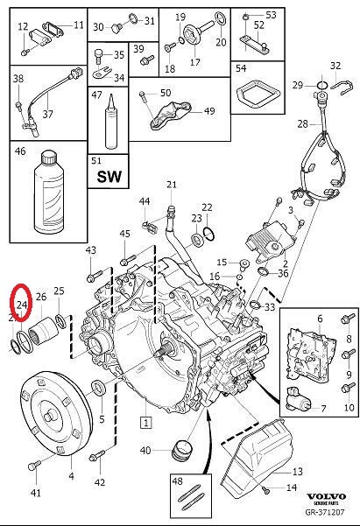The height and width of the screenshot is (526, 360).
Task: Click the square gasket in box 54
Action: (x=254, y=95)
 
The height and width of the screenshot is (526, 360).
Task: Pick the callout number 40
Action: (x=145, y=451)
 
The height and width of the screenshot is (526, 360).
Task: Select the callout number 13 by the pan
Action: (x=297, y=471)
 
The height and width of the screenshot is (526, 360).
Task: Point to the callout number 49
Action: (x=208, y=111)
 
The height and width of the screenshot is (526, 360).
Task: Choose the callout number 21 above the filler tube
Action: (x=172, y=184)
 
